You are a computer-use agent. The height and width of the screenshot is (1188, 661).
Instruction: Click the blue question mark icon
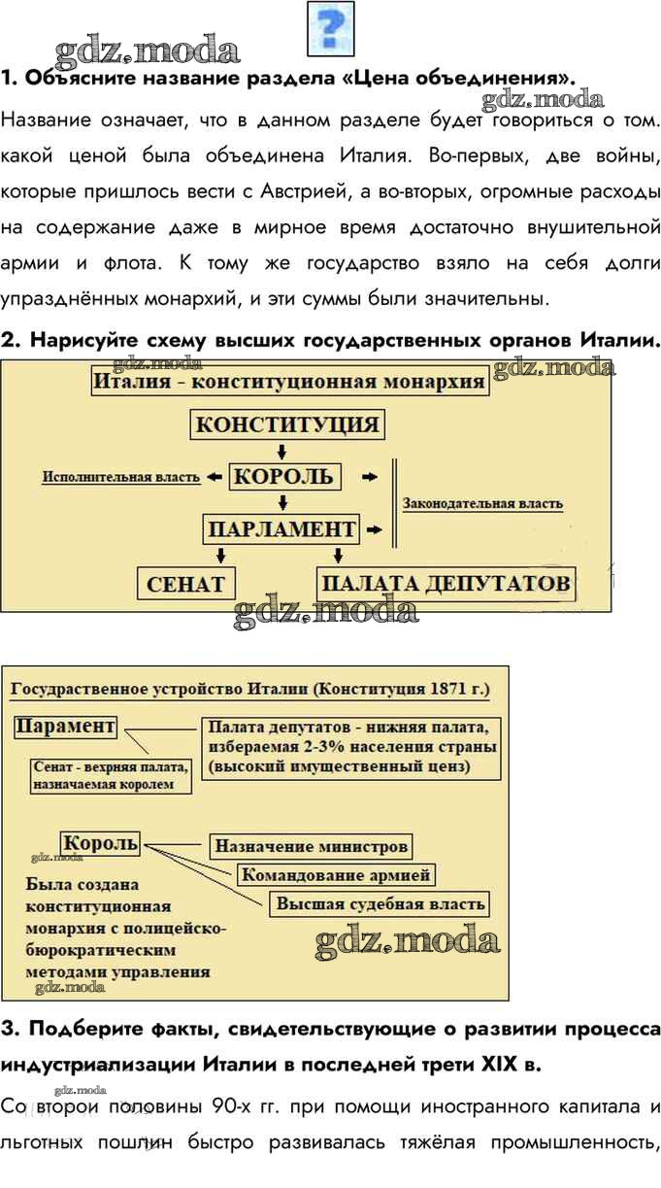tap(331, 28)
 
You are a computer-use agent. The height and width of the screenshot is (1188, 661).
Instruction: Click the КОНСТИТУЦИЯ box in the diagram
tap(287, 424)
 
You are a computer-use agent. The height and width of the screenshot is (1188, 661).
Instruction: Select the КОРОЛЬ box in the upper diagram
tap(284, 477)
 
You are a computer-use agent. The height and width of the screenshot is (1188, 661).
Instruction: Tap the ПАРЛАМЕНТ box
tap(281, 529)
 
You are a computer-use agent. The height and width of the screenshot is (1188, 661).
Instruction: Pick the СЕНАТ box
tap(186, 584)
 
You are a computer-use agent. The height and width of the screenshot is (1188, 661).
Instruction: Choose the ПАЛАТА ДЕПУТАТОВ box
tap(446, 584)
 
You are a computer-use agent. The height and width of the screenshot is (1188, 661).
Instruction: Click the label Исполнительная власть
tap(121, 477)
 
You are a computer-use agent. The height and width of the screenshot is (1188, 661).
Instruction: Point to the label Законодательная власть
tap(483, 504)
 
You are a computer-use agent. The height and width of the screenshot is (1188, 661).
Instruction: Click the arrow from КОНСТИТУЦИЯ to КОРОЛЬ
tap(282, 452)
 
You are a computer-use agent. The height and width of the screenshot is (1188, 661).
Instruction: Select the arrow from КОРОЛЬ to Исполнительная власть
tap(215, 477)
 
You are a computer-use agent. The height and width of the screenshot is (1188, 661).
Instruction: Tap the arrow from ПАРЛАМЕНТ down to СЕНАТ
tap(221, 556)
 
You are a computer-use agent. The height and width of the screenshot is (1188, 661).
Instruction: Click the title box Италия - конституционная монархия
tap(290, 382)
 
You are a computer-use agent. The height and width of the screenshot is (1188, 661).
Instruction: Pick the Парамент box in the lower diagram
tap(65, 726)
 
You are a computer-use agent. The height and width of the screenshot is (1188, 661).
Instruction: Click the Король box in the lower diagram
tap(100, 843)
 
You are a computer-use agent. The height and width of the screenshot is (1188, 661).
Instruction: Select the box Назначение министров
tap(312, 846)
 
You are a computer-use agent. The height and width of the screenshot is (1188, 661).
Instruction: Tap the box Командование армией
tap(336, 874)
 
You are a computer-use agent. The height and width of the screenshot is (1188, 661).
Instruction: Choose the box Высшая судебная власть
tap(380, 903)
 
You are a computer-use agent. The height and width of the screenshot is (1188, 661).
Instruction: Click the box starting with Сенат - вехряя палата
tap(111, 775)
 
